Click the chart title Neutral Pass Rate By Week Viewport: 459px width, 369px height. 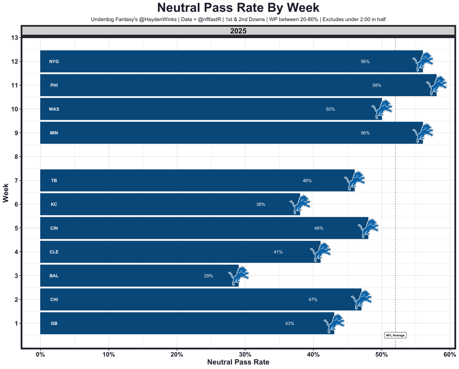(238, 8)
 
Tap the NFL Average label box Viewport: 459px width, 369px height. (395, 335)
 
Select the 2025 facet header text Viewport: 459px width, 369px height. (238, 31)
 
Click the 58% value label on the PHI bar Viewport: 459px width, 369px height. (377, 85)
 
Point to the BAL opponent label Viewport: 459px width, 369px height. (54, 276)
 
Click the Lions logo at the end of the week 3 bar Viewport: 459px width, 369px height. (238, 275)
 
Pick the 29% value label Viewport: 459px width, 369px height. (208, 276)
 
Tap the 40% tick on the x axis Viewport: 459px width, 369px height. (313, 355)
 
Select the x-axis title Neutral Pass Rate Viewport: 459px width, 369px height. (238, 362)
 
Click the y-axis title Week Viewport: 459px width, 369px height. (6, 193)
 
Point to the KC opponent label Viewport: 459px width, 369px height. (54, 204)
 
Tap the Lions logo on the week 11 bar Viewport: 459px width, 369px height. (436, 85)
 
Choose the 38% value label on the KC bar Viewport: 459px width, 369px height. (261, 204)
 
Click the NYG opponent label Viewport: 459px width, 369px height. (54, 62)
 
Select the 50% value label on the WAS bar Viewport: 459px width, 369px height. (330, 109)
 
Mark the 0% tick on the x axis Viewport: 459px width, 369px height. (41, 355)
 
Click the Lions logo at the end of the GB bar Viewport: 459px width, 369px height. (334, 323)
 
